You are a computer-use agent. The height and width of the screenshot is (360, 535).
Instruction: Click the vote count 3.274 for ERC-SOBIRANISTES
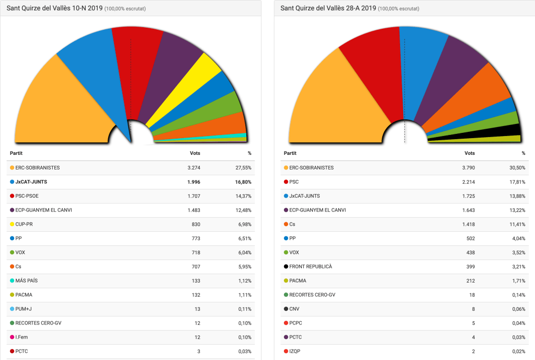(193, 168)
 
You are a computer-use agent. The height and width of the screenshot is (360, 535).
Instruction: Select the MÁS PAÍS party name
(27, 281)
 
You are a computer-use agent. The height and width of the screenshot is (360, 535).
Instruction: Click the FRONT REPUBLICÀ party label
(311, 267)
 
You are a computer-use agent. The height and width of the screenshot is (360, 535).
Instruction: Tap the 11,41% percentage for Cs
(517, 224)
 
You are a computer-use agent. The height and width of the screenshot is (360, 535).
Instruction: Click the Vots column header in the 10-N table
(195, 153)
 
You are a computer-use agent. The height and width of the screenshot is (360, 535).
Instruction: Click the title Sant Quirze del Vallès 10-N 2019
(54, 8)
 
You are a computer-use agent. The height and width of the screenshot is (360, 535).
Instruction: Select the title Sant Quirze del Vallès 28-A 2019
(328, 8)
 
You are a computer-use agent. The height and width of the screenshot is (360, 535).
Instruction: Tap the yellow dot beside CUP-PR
(12, 224)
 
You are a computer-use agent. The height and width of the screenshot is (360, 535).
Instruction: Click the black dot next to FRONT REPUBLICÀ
(286, 267)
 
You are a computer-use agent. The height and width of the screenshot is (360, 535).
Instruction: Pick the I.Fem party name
(21, 337)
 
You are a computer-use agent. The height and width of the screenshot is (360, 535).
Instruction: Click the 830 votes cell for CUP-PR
(196, 224)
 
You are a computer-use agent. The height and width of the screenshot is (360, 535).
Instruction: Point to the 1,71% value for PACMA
(518, 281)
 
